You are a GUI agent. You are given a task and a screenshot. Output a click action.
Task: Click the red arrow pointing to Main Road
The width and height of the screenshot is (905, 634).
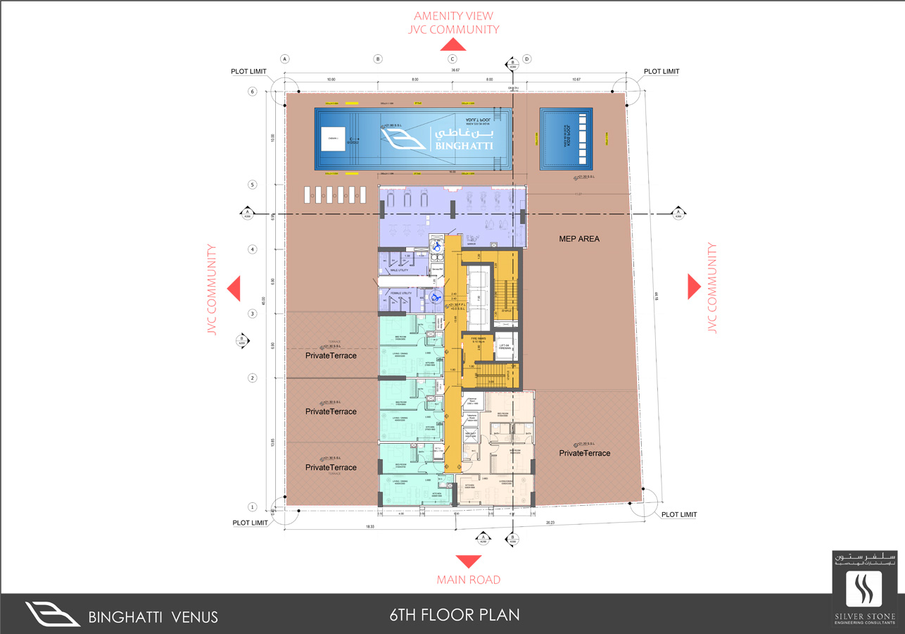[468, 561]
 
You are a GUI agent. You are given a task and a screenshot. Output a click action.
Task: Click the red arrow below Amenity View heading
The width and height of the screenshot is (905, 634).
[453, 44]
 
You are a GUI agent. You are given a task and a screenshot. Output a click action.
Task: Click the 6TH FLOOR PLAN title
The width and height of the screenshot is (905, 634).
[455, 614]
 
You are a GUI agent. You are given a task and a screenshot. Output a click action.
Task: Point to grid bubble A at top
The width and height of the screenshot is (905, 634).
[285, 59]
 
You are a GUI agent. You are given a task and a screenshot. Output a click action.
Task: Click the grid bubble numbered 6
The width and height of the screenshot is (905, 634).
[252, 92]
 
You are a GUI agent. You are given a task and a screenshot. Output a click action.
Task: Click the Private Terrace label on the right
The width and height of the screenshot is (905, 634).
[585, 453]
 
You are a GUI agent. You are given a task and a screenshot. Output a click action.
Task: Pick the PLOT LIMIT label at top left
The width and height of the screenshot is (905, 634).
[249, 72]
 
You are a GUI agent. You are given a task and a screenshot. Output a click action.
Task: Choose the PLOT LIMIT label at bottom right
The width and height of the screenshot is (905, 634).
[679, 515]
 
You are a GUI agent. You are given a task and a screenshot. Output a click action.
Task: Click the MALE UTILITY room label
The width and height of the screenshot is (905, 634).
[399, 271]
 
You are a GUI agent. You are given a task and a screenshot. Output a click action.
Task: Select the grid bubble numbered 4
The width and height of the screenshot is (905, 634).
[252, 249]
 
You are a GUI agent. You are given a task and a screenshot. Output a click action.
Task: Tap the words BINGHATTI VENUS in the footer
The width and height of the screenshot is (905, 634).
[153, 618]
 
